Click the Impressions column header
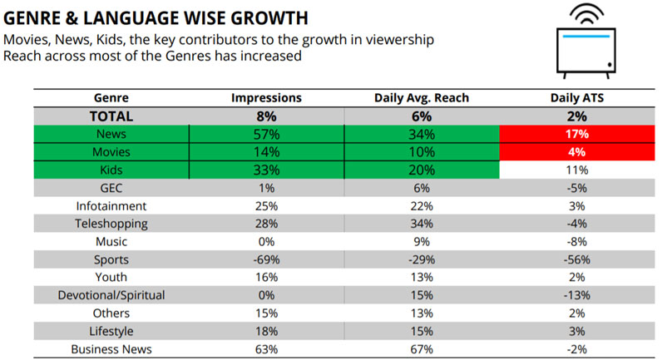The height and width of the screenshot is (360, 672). (x=266, y=98)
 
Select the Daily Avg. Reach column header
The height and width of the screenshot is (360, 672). (x=422, y=98)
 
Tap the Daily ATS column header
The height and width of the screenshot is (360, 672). (x=576, y=98)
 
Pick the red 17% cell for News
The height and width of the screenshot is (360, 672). (x=576, y=134)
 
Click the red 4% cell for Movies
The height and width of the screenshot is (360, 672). (x=576, y=152)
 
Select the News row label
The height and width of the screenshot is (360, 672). (x=111, y=134)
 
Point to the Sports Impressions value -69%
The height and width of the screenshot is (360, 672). (x=266, y=259)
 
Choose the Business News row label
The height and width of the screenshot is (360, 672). (x=111, y=349)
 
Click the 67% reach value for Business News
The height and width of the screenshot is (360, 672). (x=422, y=349)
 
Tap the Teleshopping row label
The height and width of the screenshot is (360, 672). (x=111, y=223)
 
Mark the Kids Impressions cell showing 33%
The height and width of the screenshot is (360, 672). (x=266, y=170)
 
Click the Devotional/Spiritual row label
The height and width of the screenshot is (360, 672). (x=111, y=295)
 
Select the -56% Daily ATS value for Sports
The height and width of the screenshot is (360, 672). (x=576, y=259)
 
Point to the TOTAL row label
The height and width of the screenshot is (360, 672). (x=111, y=116)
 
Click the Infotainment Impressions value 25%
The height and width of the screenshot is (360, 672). (x=266, y=205)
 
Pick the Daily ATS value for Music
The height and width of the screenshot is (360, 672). (x=576, y=241)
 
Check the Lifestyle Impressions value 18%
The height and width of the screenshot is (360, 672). (x=266, y=331)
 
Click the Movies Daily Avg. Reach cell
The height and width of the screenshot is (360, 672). (x=422, y=152)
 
